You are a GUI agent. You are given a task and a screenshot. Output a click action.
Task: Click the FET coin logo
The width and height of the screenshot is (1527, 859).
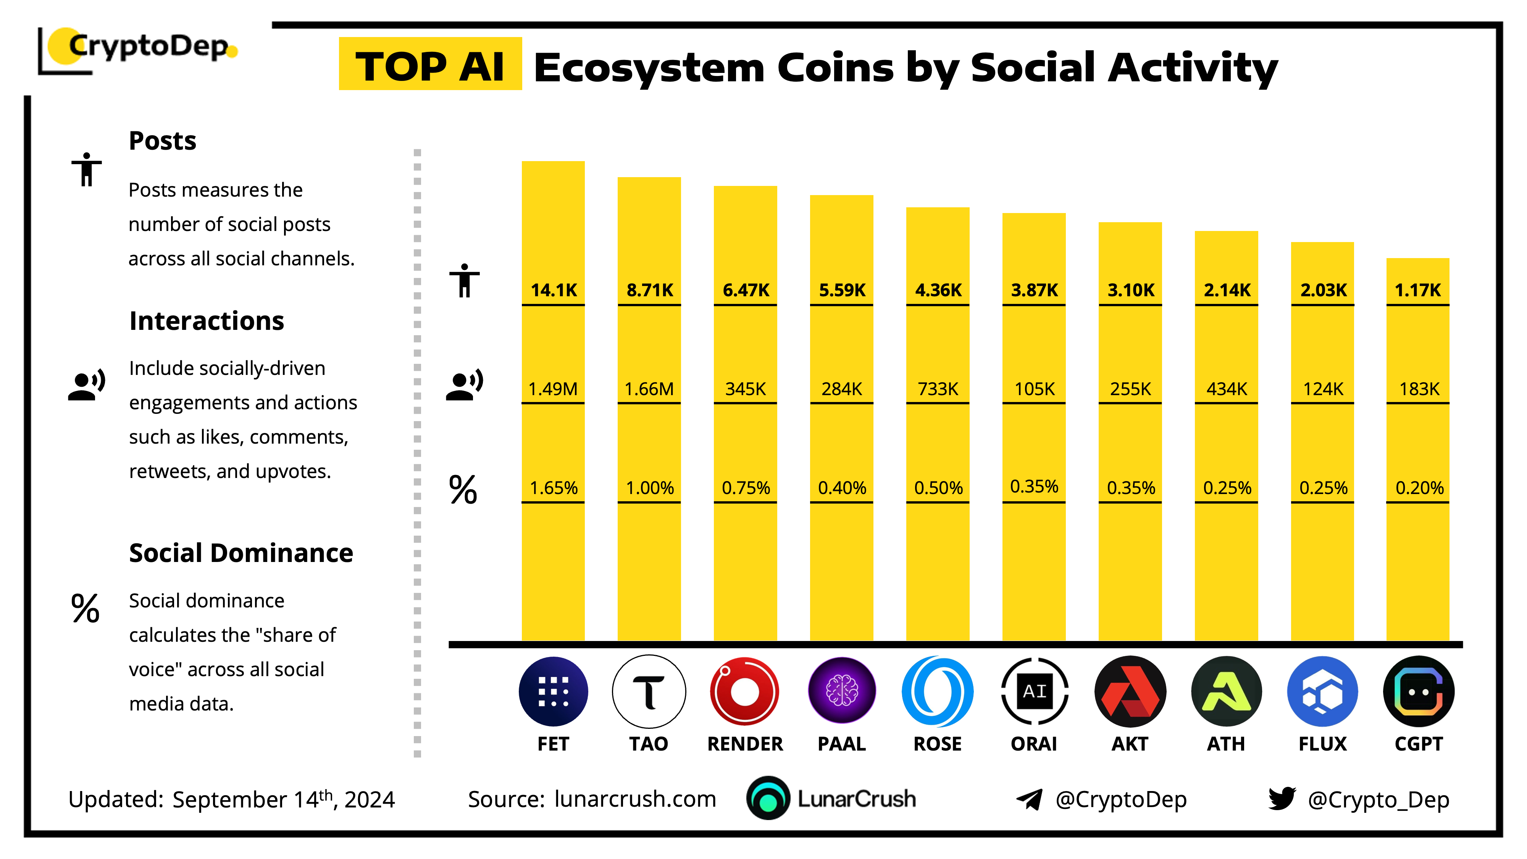(553, 691)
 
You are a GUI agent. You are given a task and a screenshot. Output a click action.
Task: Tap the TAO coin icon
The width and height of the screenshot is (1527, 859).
(649, 691)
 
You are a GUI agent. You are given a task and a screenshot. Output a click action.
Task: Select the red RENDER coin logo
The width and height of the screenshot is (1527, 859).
(744, 691)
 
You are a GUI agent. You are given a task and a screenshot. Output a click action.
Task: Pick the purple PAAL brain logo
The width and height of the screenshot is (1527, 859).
(842, 691)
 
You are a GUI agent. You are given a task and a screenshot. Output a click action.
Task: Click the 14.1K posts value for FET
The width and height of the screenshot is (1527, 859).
(554, 290)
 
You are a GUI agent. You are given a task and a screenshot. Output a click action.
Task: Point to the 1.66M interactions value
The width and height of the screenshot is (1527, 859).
(649, 389)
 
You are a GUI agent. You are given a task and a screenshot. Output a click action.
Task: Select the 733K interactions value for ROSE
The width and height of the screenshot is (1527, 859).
(938, 389)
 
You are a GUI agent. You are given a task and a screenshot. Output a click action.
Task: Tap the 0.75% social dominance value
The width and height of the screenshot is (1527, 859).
(746, 488)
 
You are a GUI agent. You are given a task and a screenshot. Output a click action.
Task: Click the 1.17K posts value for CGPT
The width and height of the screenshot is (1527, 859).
(1418, 290)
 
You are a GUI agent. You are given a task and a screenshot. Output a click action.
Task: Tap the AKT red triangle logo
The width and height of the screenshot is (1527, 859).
(1130, 691)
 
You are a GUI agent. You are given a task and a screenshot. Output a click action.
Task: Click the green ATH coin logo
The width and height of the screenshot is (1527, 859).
(1227, 691)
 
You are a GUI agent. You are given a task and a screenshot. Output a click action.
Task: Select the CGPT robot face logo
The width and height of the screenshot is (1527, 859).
(1419, 691)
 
